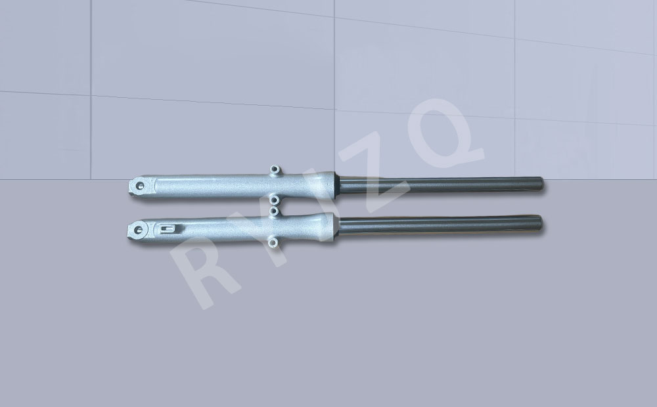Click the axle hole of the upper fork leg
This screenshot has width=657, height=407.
click(141, 186)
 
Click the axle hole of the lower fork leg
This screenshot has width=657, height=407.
click(138, 230)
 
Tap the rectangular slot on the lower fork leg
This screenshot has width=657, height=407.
click(167, 228)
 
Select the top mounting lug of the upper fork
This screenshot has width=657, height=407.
click(275, 169)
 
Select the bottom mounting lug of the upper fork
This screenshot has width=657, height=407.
click(274, 200)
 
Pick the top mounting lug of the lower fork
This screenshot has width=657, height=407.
click(273, 211)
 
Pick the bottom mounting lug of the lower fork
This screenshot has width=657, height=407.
click(273, 242)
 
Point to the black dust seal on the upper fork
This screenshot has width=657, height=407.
click(337, 184)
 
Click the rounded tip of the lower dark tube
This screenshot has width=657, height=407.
click(539, 223)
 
